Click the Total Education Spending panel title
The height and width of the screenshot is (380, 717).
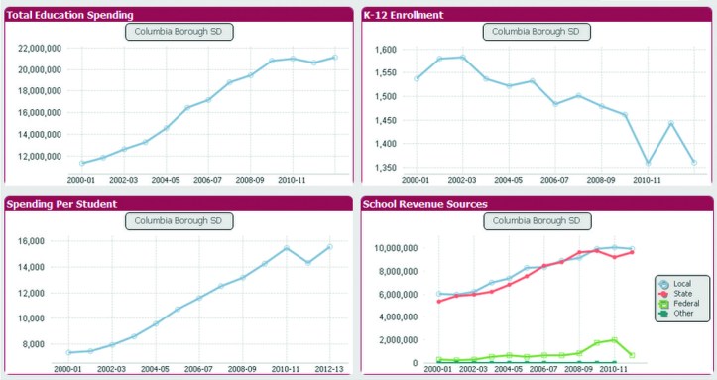[x=70, y=15]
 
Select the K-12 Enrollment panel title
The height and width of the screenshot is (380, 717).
[x=403, y=15]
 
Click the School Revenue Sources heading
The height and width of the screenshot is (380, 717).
[x=425, y=203]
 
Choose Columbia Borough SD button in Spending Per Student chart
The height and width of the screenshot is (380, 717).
[x=179, y=220]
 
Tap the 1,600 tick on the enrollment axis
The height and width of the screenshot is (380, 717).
[x=385, y=49]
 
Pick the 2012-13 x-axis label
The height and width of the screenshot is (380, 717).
[x=329, y=368]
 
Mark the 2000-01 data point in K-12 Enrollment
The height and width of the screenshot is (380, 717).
[x=418, y=78]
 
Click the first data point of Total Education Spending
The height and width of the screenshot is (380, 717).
[x=82, y=163]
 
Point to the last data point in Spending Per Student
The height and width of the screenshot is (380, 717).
[x=329, y=246]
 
